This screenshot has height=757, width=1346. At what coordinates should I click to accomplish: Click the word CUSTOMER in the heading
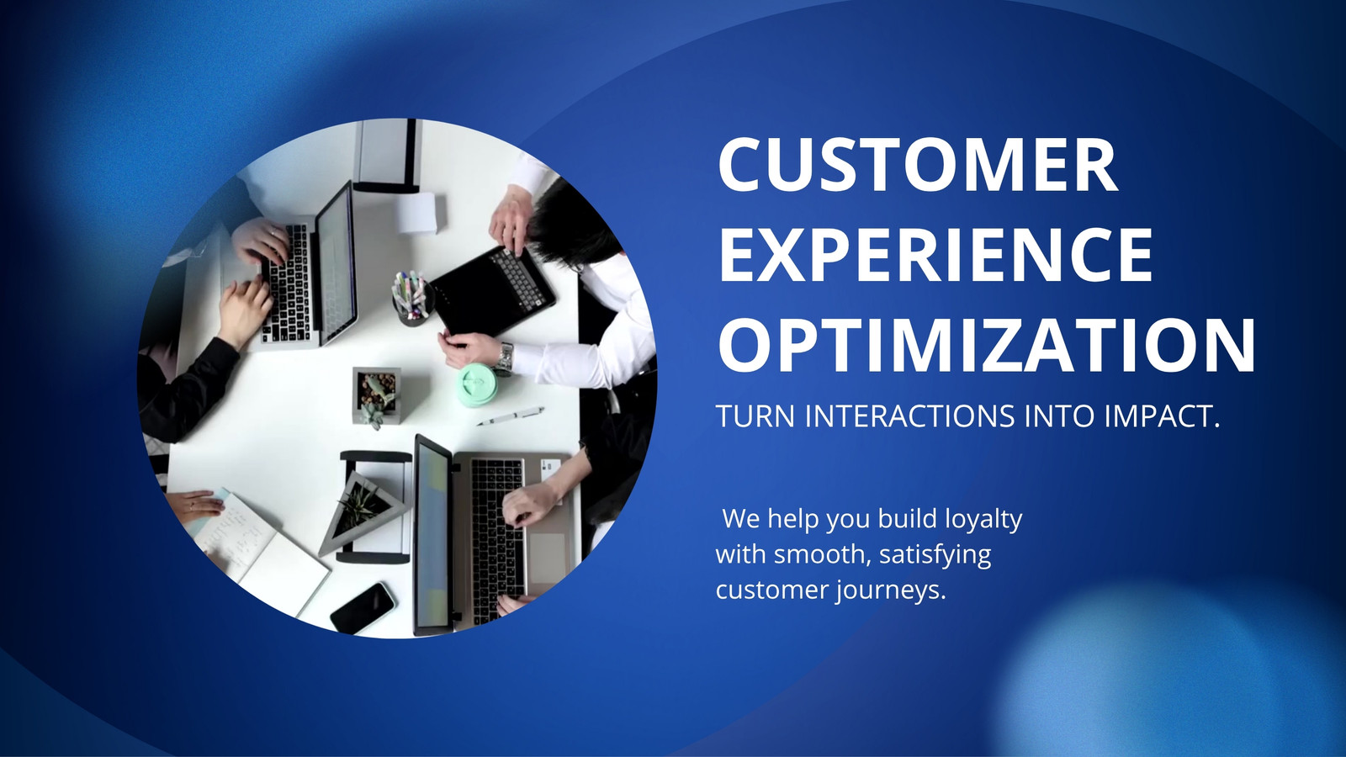(x=918, y=164)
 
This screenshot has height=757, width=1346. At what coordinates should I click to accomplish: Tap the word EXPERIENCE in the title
(x=935, y=254)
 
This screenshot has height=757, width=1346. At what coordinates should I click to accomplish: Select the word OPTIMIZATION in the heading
(x=987, y=346)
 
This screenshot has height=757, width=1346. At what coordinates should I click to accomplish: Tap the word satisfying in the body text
(x=935, y=555)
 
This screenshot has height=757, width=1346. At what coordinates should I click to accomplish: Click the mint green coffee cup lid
(x=475, y=384)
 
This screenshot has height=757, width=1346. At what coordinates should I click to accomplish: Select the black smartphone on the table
(x=363, y=608)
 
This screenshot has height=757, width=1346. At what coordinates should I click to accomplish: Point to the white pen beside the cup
(x=511, y=416)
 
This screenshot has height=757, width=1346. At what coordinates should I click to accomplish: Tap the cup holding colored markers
(x=412, y=299)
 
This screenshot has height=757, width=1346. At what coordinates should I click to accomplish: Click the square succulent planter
(x=377, y=394)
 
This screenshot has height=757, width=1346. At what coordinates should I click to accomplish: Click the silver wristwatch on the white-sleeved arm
(x=504, y=358)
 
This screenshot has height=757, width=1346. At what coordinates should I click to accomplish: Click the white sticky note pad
(x=417, y=213)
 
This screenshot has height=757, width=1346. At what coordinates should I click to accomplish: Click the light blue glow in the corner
(x=1172, y=670)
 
